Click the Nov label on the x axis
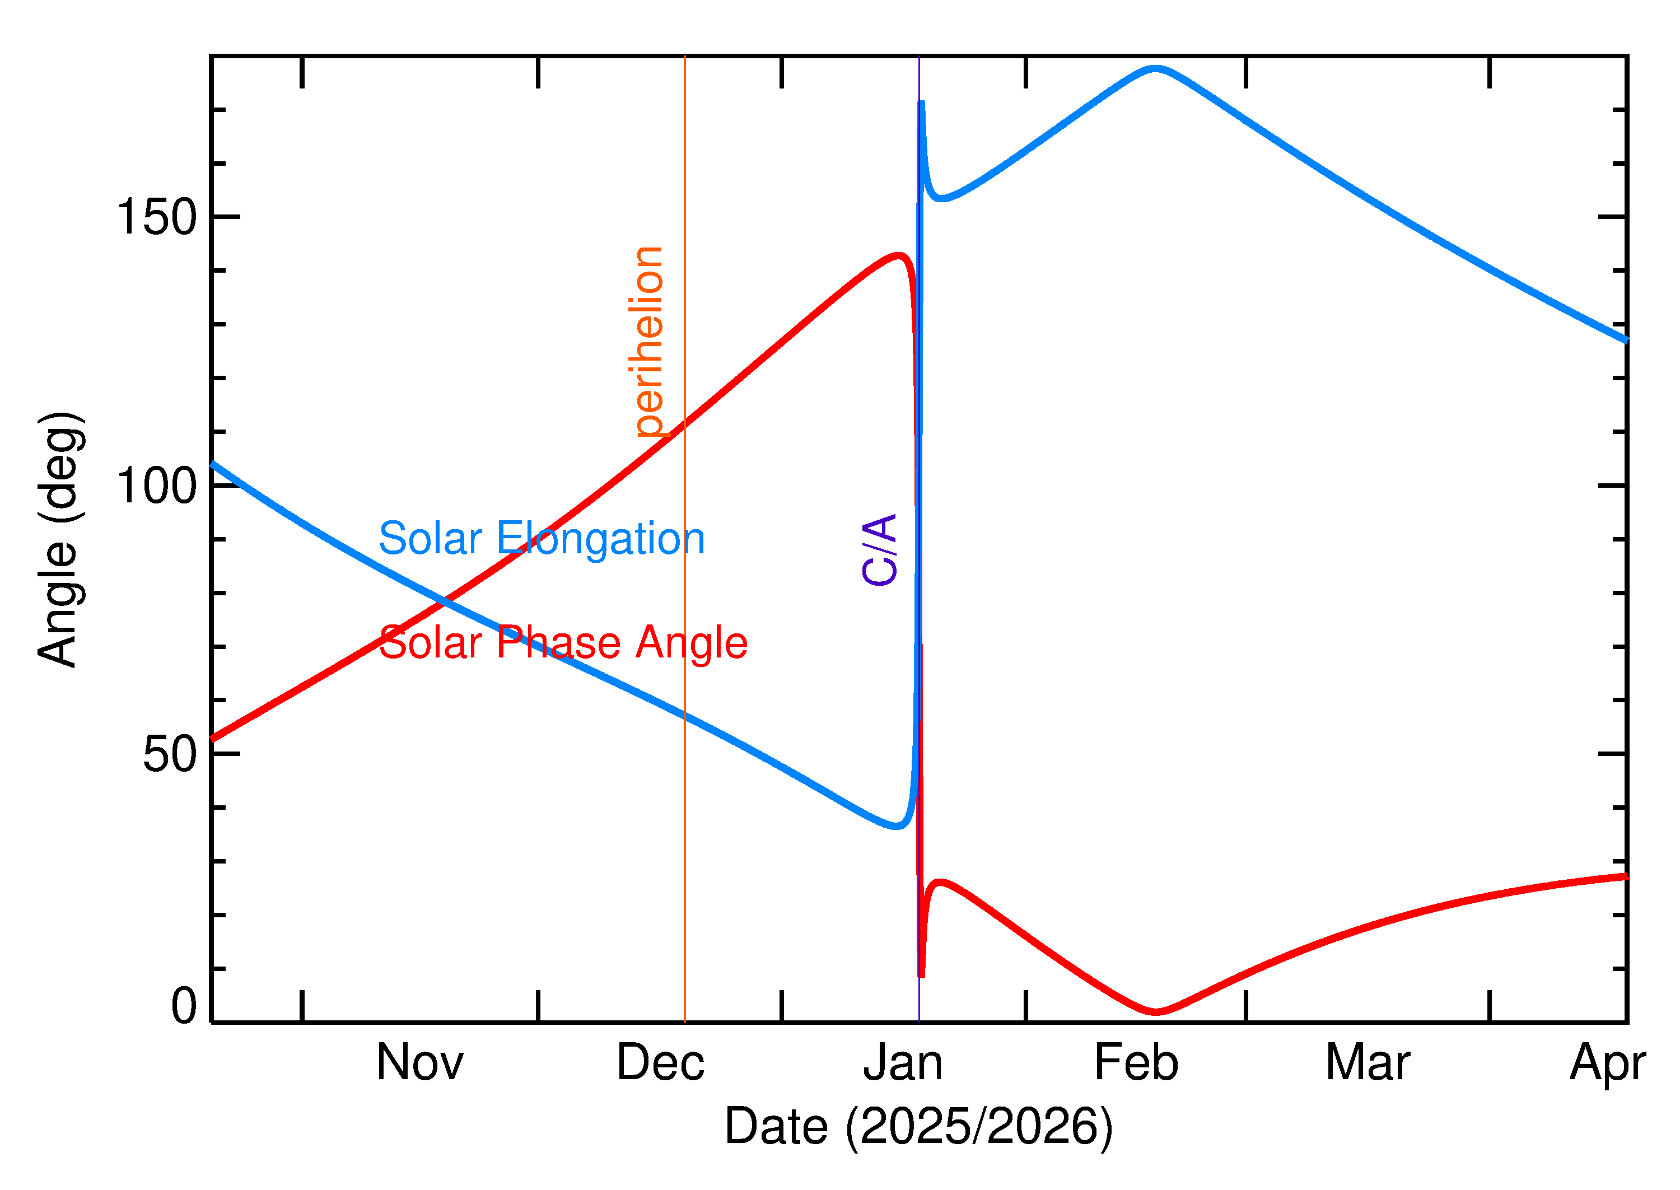click(420, 1063)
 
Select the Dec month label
click(660, 1063)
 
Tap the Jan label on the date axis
click(903, 1063)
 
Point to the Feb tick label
click(1136, 1063)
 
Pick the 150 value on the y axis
click(157, 218)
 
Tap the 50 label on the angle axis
click(170, 754)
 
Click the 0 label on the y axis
click(184, 1007)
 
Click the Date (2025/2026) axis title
click(918, 1126)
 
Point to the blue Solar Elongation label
click(542, 539)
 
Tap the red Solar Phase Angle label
click(563, 643)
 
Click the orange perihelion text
click(649, 342)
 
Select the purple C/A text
click(880, 549)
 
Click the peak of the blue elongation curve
click(1155, 69)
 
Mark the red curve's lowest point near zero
click(1156, 1012)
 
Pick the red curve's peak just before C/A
click(899, 256)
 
